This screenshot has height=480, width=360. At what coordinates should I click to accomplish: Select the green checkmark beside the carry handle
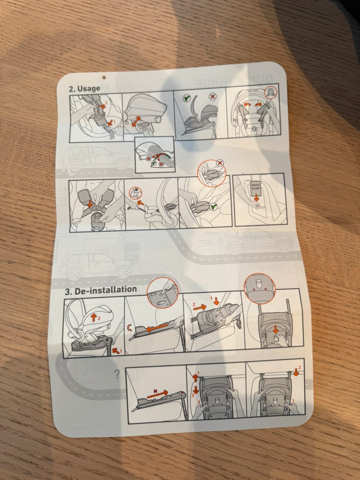[186, 99]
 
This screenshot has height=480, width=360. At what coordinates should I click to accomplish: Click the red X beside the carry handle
[213, 97]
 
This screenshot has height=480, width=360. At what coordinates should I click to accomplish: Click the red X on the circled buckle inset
[220, 163]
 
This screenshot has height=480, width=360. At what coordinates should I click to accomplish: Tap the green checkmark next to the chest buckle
[213, 206]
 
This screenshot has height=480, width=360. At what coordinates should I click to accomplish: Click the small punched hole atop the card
[104, 78]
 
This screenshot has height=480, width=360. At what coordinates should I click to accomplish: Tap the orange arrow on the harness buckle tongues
[90, 204]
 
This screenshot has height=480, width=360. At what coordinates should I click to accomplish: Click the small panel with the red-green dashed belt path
[154, 154]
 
